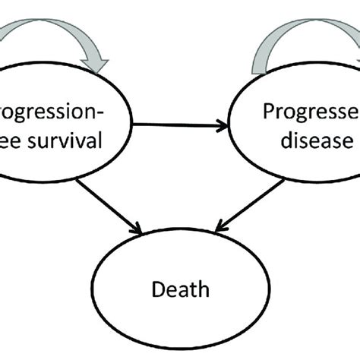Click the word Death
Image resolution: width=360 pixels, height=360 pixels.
[178, 289]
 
